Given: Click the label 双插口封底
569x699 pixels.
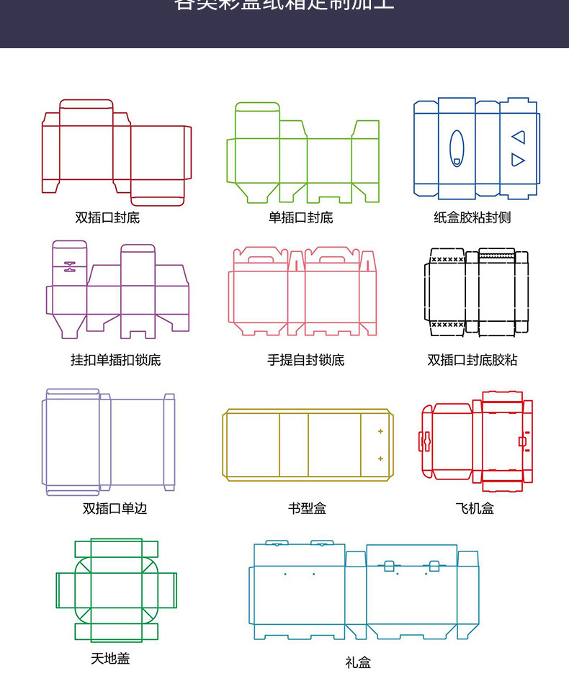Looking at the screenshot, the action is tap(107, 217).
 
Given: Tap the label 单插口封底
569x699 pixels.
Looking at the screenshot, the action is tap(300, 217).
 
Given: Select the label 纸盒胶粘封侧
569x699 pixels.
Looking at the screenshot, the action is tap(472, 217).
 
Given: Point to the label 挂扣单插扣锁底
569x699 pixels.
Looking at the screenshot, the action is tap(115, 360).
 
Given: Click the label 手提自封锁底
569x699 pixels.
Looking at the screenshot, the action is tap(305, 360).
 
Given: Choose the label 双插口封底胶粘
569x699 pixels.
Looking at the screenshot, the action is tap(472, 360).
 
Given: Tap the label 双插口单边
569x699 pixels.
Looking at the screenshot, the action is tap(115, 508).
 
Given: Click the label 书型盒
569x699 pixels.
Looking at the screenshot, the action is tap(307, 508).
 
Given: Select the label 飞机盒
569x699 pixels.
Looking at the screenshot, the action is tap(475, 508).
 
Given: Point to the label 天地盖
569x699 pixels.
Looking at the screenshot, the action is tap(110, 658).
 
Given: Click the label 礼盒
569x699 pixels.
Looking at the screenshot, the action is tap(358, 662).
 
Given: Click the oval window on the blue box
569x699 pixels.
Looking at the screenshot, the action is tap(457, 148).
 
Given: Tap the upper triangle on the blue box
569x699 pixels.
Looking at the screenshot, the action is tap(519, 137).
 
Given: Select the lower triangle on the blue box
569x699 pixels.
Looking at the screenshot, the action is tap(518, 160).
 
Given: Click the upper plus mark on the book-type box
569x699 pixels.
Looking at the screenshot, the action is tap(380, 432).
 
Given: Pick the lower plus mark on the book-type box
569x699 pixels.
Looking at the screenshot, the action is tap(380, 459).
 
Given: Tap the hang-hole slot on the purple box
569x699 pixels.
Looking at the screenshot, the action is tap(69, 266).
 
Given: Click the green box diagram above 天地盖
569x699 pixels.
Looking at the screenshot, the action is tap(116, 590).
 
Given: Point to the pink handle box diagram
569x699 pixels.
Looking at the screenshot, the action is tap(303, 292).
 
